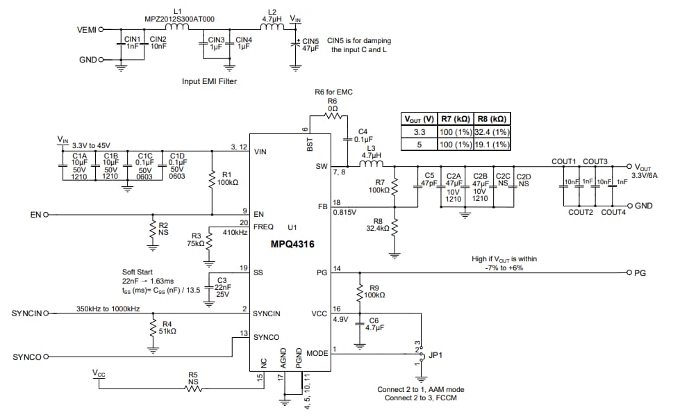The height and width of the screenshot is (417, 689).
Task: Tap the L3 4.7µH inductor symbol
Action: pyautogui.click(x=371, y=166)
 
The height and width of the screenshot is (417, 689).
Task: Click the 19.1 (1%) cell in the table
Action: pyautogui.click(x=492, y=145)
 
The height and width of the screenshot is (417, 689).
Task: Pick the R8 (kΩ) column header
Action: pyautogui.click(x=492, y=118)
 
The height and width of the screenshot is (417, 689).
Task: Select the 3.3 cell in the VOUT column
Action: pyautogui.click(x=420, y=131)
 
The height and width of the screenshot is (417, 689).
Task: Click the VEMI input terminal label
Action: pyautogui.click(x=87, y=30)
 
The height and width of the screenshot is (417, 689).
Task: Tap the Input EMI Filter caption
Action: pyautogui.click(x=209, y=82)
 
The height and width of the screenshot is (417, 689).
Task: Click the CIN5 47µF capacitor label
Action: pyautogui.click(x=310, y=45)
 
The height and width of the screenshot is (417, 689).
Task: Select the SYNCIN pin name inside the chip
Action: pyautogui.click(x=267, y=313)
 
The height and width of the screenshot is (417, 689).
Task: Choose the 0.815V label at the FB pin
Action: pyautogui.click(x=344, y=212)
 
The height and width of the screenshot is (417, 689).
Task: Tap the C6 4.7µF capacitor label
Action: pyautogui.click(x=375, y=324)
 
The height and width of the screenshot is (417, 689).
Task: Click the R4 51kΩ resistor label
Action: pyautogui.click(x=169, y=328)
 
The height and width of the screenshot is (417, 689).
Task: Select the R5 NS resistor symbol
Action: pyautogui.click(x=193, y=389)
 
